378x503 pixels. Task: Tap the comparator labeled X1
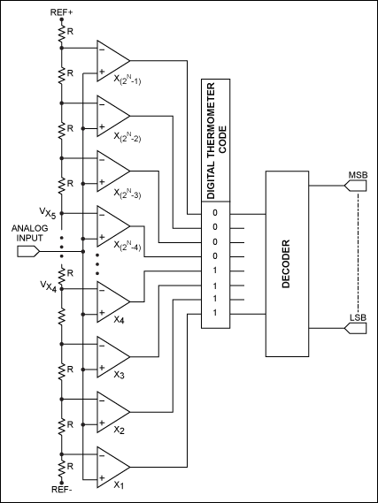coord(112,464)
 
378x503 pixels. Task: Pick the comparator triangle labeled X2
coord(112,409)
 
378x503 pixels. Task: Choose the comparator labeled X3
coord(112,354)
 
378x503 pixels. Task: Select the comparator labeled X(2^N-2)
coord(112,114)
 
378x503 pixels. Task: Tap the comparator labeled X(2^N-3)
coord(112,169)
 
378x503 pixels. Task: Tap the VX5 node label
coord(47,213)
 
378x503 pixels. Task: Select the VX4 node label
coord(47,285)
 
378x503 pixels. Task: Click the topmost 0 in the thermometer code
coord(213,213)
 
